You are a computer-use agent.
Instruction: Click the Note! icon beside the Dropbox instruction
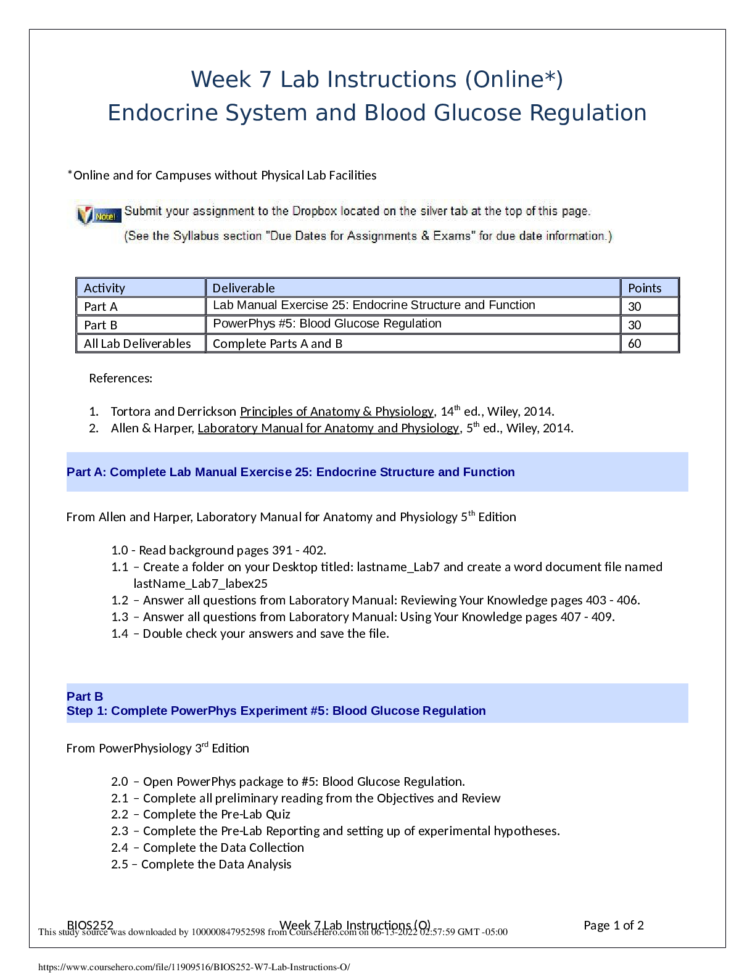pos(97,215)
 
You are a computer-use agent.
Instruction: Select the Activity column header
pos(104,288)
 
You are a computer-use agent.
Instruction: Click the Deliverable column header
pos(244,288)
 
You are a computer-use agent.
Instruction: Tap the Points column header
pos(645,288)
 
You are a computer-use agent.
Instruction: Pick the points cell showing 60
pos(635,344)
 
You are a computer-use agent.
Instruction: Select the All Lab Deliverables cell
pos(138,344)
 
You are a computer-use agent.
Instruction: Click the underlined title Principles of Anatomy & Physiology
pos(337,411)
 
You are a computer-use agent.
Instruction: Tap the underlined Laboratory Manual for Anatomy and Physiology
pos(328,428)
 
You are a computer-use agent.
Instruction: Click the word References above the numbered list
pos(121,378)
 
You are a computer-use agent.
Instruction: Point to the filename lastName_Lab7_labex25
pos(200,583)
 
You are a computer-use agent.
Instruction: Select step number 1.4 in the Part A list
pos(120,633)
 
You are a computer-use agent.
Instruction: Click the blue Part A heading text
pos(291,472)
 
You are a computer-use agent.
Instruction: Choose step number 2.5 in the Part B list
pos(120,864)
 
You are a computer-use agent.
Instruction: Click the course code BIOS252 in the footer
pos(90,925)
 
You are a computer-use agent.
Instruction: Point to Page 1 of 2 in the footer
pos(614,925)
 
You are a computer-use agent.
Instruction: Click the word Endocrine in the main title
pos(163,113)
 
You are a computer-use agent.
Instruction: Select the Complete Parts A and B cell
pos(278,344)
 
